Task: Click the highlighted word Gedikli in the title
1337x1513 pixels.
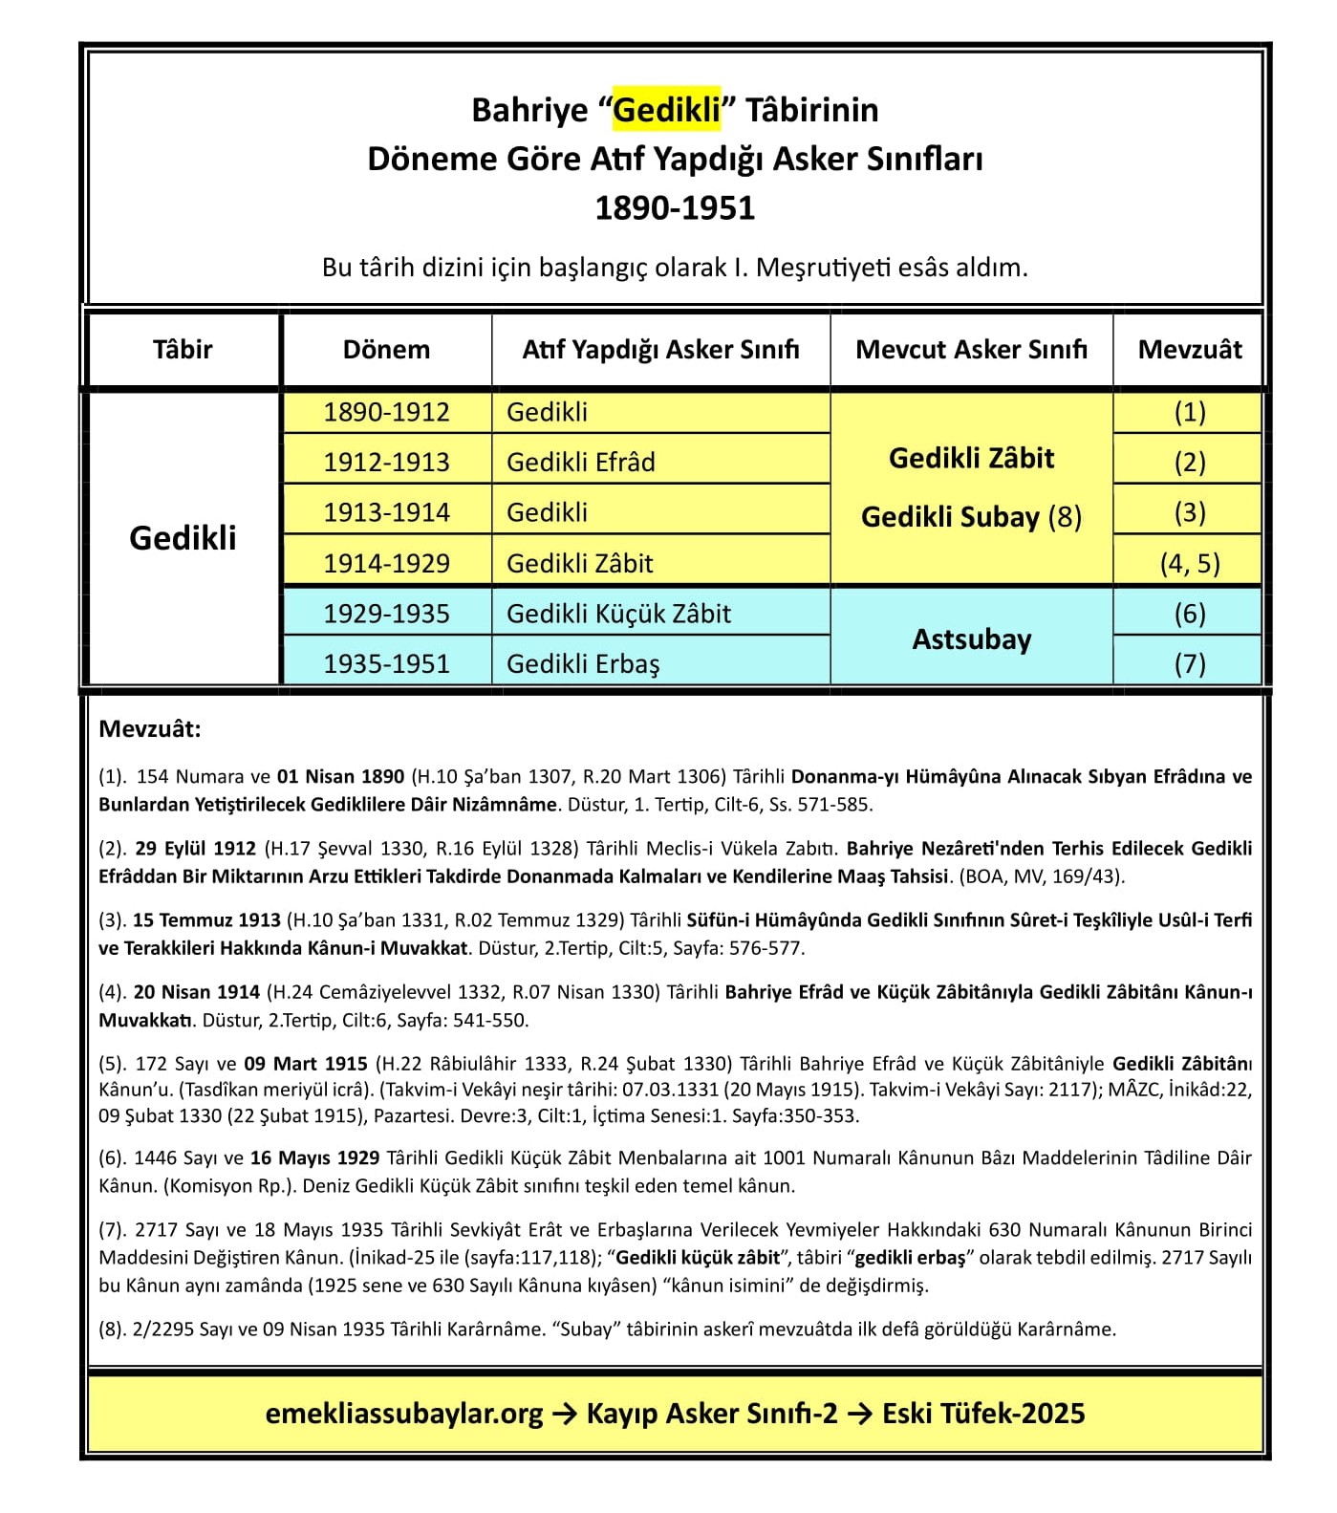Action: [x=666, y=110]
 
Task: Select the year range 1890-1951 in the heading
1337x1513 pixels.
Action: [x=675, y=207]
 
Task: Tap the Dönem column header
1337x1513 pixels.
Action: [x=386, y=350]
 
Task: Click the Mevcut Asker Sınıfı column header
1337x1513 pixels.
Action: [x=971, y=350]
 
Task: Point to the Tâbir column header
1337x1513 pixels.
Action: [x=183, y=350]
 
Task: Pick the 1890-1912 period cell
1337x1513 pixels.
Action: [x=386, y=412]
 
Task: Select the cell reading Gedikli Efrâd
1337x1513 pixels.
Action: [x=581, y=463]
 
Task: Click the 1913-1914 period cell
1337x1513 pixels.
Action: [x=386, y=513]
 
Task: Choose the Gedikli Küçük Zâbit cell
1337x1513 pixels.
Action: [x=618, y=614]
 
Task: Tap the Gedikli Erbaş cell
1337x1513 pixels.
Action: [x=583, y=664]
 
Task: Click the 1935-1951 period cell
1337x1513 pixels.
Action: [x=386, y=664]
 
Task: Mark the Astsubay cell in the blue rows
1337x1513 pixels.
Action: [x=971, y=638]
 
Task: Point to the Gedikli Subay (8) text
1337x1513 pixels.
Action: [x=971, y=517]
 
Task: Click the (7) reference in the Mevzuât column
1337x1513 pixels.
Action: [x=1190, y=664]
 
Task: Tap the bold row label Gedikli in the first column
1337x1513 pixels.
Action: [x=183, y=538]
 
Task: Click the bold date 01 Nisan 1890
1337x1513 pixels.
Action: [x=340, y=777]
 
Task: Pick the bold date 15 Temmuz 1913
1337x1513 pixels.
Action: [x=206, y=920]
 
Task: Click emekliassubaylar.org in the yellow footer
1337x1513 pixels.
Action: [x=404, y=1414]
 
